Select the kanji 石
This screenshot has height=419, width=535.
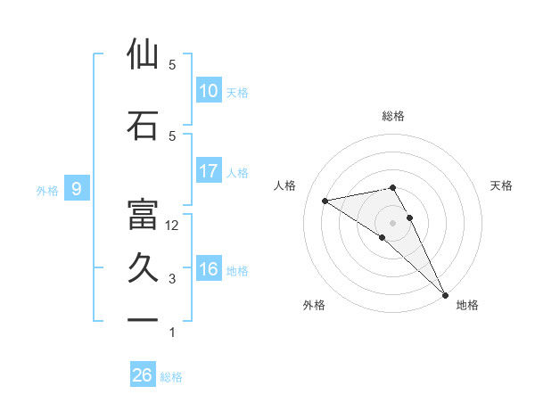(143, 126)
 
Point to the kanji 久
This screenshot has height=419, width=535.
(143, 268)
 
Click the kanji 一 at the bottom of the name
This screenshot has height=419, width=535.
(143, 319)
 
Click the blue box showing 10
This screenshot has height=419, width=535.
(209, 90)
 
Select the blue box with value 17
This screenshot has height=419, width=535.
(209, 170)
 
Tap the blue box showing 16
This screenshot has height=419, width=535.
(209, 269)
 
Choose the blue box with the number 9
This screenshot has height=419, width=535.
(78, 188)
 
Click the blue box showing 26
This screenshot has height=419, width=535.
(143, 375)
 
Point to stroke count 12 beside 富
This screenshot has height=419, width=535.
(172, 226)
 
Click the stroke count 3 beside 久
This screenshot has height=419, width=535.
(172, 279)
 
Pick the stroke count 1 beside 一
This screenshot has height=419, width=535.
(172, 333)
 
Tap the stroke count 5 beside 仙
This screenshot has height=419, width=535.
(172, 65)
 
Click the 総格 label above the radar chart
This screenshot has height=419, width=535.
(393, 116)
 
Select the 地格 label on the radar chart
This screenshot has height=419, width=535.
(467, 305)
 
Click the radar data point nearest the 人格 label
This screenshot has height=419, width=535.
(325, 201)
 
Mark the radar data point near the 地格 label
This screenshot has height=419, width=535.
(445, 294)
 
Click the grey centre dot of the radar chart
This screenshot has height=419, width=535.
(392, 222)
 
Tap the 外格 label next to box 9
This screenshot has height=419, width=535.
(47, 190)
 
